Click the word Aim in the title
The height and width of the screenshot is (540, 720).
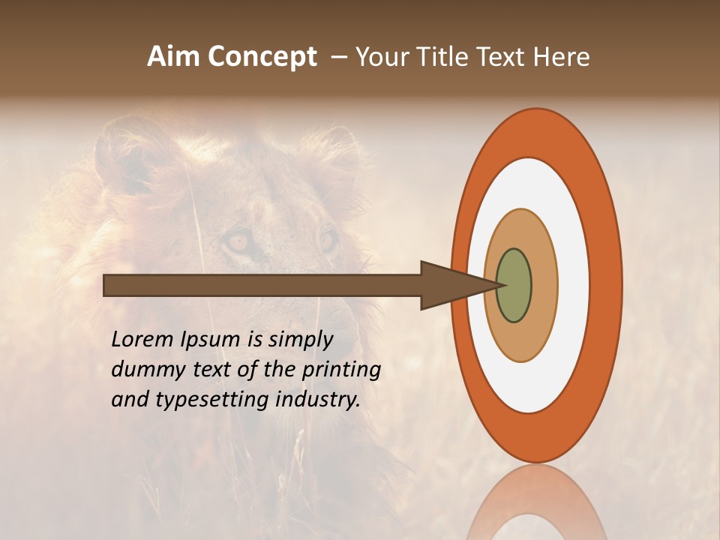tap(174, 57)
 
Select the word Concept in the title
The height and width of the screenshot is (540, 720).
tap(262, 57)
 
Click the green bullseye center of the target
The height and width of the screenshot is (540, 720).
tap(514, 285)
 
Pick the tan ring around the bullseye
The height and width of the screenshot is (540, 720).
tap(544, 285)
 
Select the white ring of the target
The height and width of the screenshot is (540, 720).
tap(573, 285)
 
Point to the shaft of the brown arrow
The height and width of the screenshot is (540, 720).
tap(262, 285)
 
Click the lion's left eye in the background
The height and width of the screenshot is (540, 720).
tap(238, 241)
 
